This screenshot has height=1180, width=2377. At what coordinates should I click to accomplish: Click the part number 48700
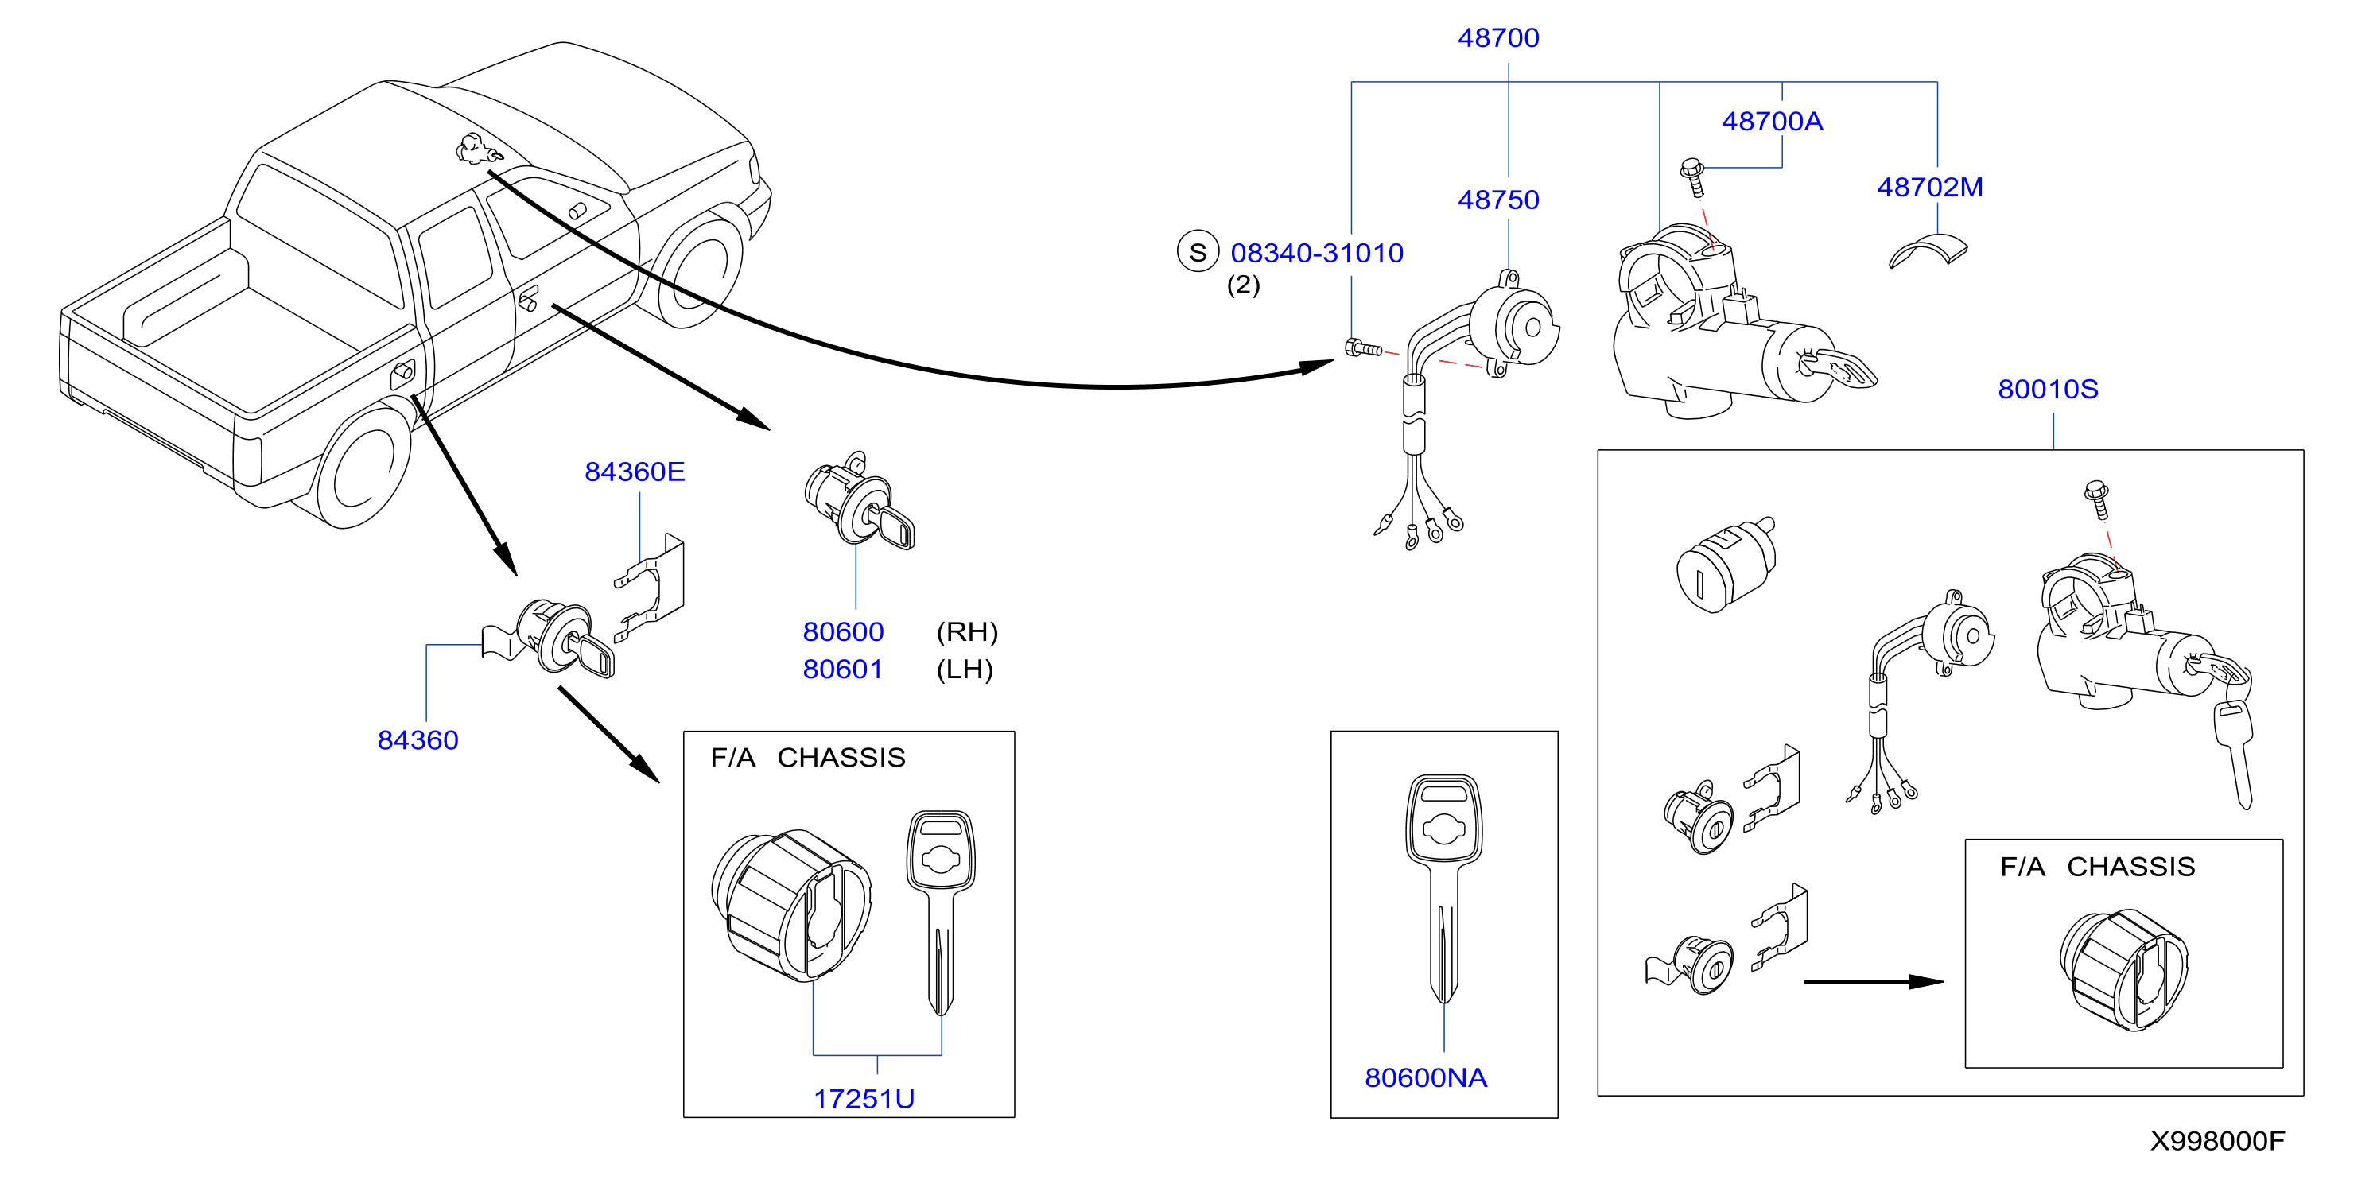click(1498, 38)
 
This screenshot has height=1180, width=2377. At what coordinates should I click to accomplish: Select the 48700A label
click(1772, 122)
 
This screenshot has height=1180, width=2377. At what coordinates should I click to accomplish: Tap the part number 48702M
click(1929, 188)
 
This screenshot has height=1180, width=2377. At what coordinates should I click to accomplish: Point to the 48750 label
click(1498, 200)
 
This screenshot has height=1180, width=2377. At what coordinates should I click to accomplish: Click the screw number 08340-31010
click(1317, 253)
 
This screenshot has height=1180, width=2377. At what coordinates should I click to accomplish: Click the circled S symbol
click(1198, 252)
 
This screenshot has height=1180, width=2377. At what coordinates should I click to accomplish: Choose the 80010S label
click(2048, 390)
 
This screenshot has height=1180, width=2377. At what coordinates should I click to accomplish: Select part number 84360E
click(635, 472)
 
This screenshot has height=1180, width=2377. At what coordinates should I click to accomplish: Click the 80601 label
click(842, 669)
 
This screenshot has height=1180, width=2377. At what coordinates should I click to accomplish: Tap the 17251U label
click(864, 1099)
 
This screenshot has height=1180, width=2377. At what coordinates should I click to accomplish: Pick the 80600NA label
click(1426, 1077)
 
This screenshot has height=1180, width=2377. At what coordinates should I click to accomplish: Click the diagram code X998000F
click(2217, 1141)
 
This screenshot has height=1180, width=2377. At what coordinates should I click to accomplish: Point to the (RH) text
click(967, 632)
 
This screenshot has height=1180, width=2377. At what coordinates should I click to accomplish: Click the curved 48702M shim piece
click(1928, 251)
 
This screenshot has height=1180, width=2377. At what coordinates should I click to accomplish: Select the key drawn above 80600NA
click(1444, 888)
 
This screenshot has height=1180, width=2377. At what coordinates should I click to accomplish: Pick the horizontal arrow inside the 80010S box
click(1873, 982)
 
